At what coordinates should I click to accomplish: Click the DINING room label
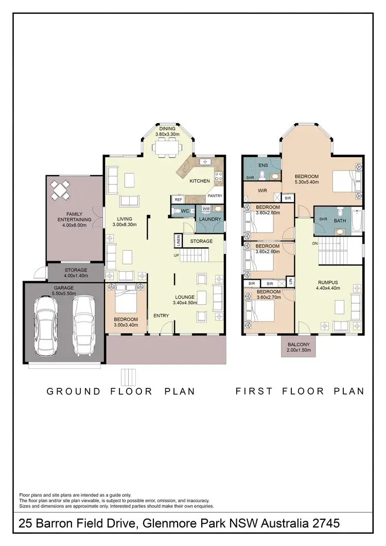167,129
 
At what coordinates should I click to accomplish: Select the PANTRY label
215,196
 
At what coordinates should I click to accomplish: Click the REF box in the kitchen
178,199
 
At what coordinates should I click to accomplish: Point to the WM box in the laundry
205,209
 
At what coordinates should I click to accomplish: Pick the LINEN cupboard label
178,241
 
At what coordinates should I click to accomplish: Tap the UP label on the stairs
176,255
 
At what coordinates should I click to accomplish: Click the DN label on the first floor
314,243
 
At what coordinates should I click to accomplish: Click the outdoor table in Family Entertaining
61,190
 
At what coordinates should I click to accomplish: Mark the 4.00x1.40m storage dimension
76,276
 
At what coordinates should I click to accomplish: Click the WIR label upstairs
262,191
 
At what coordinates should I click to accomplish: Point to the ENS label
263,165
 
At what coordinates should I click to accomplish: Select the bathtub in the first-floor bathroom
357,221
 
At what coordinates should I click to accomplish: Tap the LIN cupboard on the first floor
290,281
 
